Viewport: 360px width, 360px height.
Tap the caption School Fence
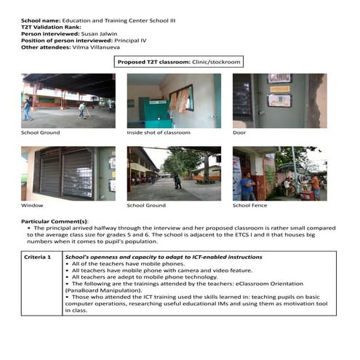click(250, 206)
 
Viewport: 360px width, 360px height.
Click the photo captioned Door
click(279, 100)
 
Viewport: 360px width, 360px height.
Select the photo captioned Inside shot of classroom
click(174, 100)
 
